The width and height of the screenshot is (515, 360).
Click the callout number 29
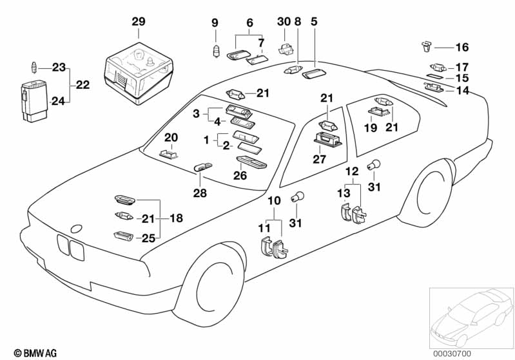[x=139, y=22]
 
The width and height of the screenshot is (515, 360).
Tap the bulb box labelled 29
[x=139, y=73]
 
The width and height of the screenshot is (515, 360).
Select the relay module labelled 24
[x=34, y=100]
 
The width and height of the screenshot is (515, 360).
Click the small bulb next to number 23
[x=34, y=68]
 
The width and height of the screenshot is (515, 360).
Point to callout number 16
[x=462, y=47]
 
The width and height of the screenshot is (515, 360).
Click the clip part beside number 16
[x=427, y=46]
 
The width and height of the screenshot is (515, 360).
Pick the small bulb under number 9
[x=216, y=51]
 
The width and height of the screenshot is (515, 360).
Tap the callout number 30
[x=284, y=22]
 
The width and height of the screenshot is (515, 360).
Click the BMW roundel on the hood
[x=76, y=229]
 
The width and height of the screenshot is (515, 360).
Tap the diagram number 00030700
[x=452, y=354]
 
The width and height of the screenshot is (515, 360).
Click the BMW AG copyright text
[x=35, y=353]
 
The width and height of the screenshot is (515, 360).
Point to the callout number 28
[x=200, y=193]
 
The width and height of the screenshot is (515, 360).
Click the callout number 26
[x=240, y=175]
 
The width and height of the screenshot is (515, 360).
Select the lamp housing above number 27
[x=328, y=140]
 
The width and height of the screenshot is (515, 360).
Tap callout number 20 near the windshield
[x=171, y=138]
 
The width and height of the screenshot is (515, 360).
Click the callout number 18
[x=176, y=218]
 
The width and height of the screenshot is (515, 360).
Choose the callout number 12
[x=352, y=171]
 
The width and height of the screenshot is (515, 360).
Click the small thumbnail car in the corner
[x=471, y=317]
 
